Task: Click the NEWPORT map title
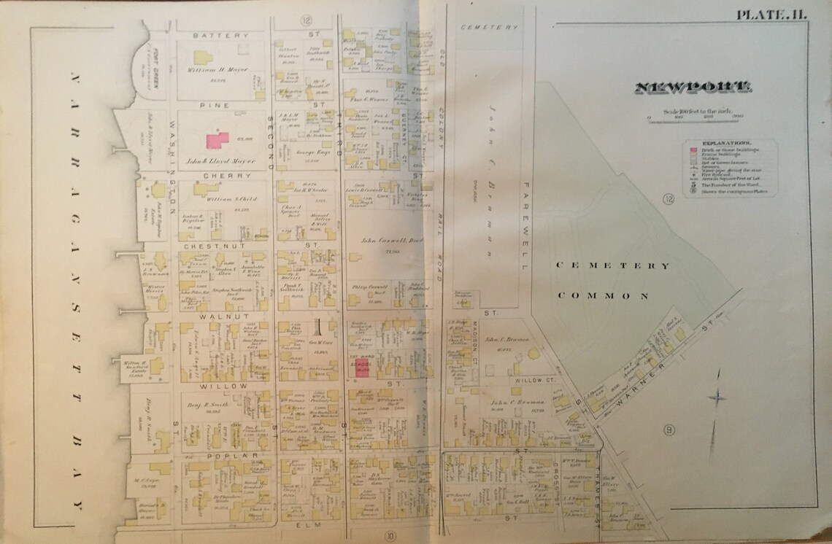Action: [693, 88]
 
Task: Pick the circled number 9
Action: [669, 430]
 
